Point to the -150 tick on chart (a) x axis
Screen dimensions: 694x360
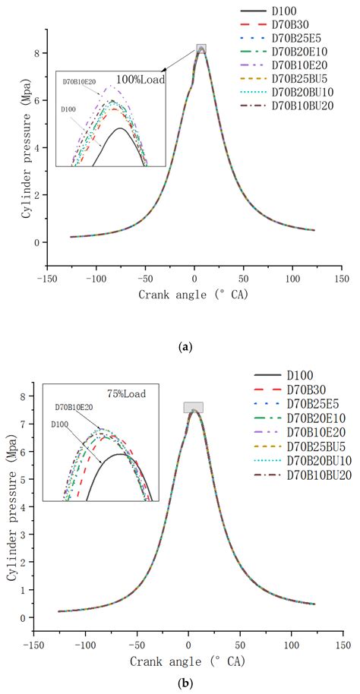[47, 279]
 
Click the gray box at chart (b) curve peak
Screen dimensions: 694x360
[194, 408]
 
